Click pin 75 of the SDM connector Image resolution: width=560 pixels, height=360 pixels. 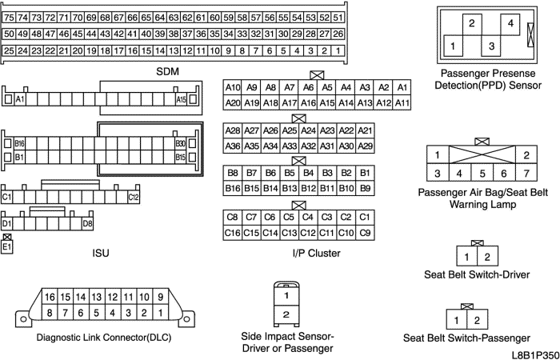tap(10, 17)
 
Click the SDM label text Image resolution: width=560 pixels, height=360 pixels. tap(168, 72)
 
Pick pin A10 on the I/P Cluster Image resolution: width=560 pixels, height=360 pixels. tap(233, 87)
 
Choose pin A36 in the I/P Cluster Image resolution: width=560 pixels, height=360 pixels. tap(233, 146)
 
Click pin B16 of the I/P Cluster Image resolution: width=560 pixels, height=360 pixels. tap(233, 188)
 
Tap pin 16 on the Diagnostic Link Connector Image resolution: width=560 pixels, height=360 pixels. tap(49, 297)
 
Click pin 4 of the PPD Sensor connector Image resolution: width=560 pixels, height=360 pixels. tap(511, 24)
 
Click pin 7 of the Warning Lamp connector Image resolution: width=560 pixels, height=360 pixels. tap(526, 173)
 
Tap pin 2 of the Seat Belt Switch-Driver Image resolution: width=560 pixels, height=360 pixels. tap(486, 257)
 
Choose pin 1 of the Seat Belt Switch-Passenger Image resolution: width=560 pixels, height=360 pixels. tap(456, 320)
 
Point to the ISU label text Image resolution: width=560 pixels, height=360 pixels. tap(101, 254)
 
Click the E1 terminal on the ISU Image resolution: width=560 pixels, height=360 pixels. tap(8, 247)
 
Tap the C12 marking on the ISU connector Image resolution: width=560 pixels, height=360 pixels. tap(133, 197)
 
